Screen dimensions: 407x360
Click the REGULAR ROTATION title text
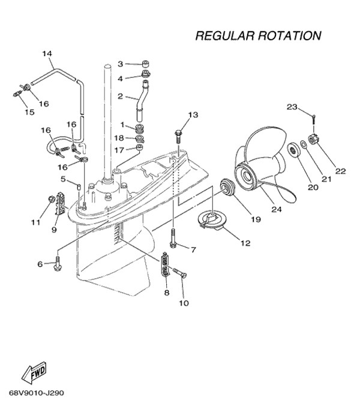[258, 36]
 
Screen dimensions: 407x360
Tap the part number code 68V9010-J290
[37, 394]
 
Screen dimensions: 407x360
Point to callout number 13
[193, 114]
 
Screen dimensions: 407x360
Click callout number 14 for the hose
[47, 53]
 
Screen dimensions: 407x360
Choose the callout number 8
[167, 293]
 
